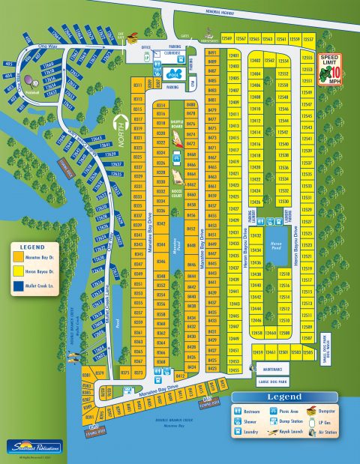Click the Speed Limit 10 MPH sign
tap(330, 68)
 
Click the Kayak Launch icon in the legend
tap(269, 433)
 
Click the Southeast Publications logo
tap(31, 447)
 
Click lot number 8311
tap(138, 99)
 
